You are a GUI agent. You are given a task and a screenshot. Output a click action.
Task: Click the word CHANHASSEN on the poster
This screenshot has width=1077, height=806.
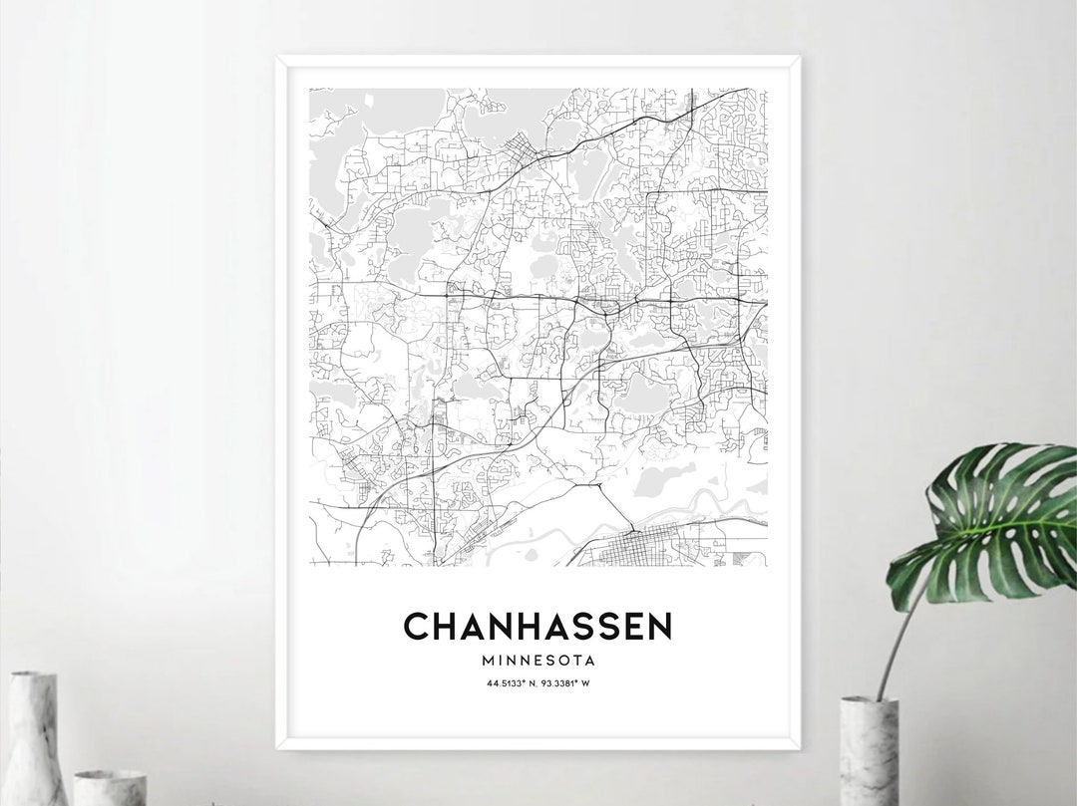538,627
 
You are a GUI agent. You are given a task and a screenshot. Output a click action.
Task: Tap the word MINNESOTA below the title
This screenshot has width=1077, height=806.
538,660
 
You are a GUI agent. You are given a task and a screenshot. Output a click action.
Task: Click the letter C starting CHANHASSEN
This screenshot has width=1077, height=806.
417,627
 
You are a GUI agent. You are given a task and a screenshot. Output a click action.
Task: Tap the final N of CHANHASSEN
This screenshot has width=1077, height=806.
658,627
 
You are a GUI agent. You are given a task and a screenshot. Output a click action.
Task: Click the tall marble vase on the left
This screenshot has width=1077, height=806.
36,736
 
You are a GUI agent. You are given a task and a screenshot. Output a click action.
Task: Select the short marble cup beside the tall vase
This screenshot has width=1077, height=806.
110,787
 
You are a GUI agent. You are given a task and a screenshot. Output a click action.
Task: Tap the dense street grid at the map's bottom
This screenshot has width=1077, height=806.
638,547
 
